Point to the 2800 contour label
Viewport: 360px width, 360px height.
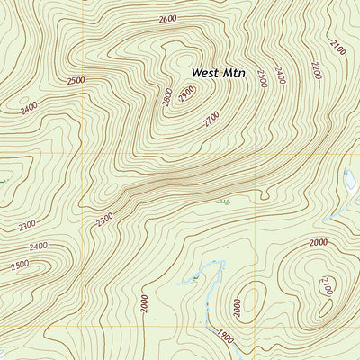click(x=166, y=96)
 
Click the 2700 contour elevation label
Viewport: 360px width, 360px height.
click(x=211, y=117)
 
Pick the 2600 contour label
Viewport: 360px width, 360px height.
click(x=166, y=19)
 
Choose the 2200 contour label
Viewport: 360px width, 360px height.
click(x=315, y=71)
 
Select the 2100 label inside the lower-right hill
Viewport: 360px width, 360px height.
click(x=326, y=286)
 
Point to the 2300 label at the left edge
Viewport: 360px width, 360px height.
click(x=27, y=225)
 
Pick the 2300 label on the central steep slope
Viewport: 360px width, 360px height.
click(x=105, y=218)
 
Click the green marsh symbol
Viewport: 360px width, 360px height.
click(x=222, y=202)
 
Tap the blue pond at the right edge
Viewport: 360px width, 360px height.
click(x=349, y=179)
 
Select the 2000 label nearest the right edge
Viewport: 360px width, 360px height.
click(x=318, y=242)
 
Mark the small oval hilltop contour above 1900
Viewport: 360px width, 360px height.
click(x=252, y=296)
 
